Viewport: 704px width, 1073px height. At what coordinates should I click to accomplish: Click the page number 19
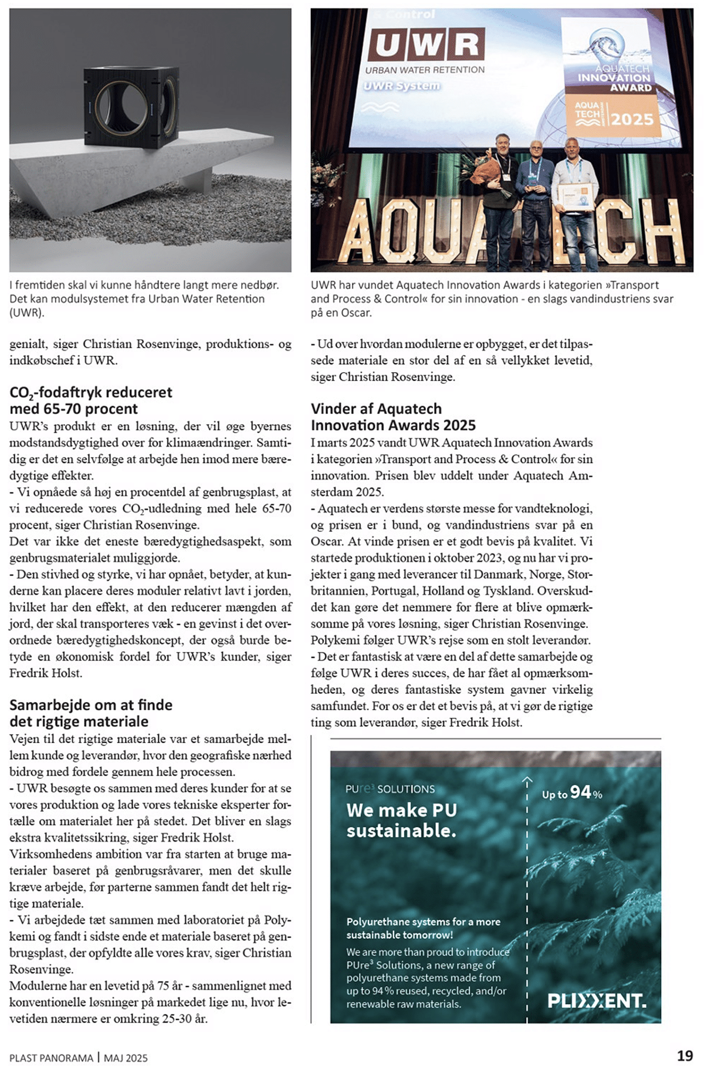click(685, 1055)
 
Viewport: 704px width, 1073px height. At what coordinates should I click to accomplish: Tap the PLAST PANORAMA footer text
click(51, 1058)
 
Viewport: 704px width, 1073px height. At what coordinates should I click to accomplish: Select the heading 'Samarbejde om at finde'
click(91, 704)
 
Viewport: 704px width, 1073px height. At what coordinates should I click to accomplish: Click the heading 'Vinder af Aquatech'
click(376, 409)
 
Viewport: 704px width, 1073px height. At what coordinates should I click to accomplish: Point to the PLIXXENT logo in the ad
click(597, 1000)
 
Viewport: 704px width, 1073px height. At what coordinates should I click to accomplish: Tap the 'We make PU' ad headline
click(401, 810)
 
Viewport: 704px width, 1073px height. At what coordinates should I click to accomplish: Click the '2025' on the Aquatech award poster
click(631, 119)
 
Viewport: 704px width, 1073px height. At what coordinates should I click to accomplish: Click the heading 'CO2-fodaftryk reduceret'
click(91, 392)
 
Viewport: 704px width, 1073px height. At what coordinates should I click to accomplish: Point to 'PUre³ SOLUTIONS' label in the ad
click(390, 789)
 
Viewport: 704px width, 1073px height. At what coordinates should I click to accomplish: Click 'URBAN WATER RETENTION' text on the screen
click(425, 70)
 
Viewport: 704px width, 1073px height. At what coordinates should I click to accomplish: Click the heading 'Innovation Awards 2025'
click(393, 425)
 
